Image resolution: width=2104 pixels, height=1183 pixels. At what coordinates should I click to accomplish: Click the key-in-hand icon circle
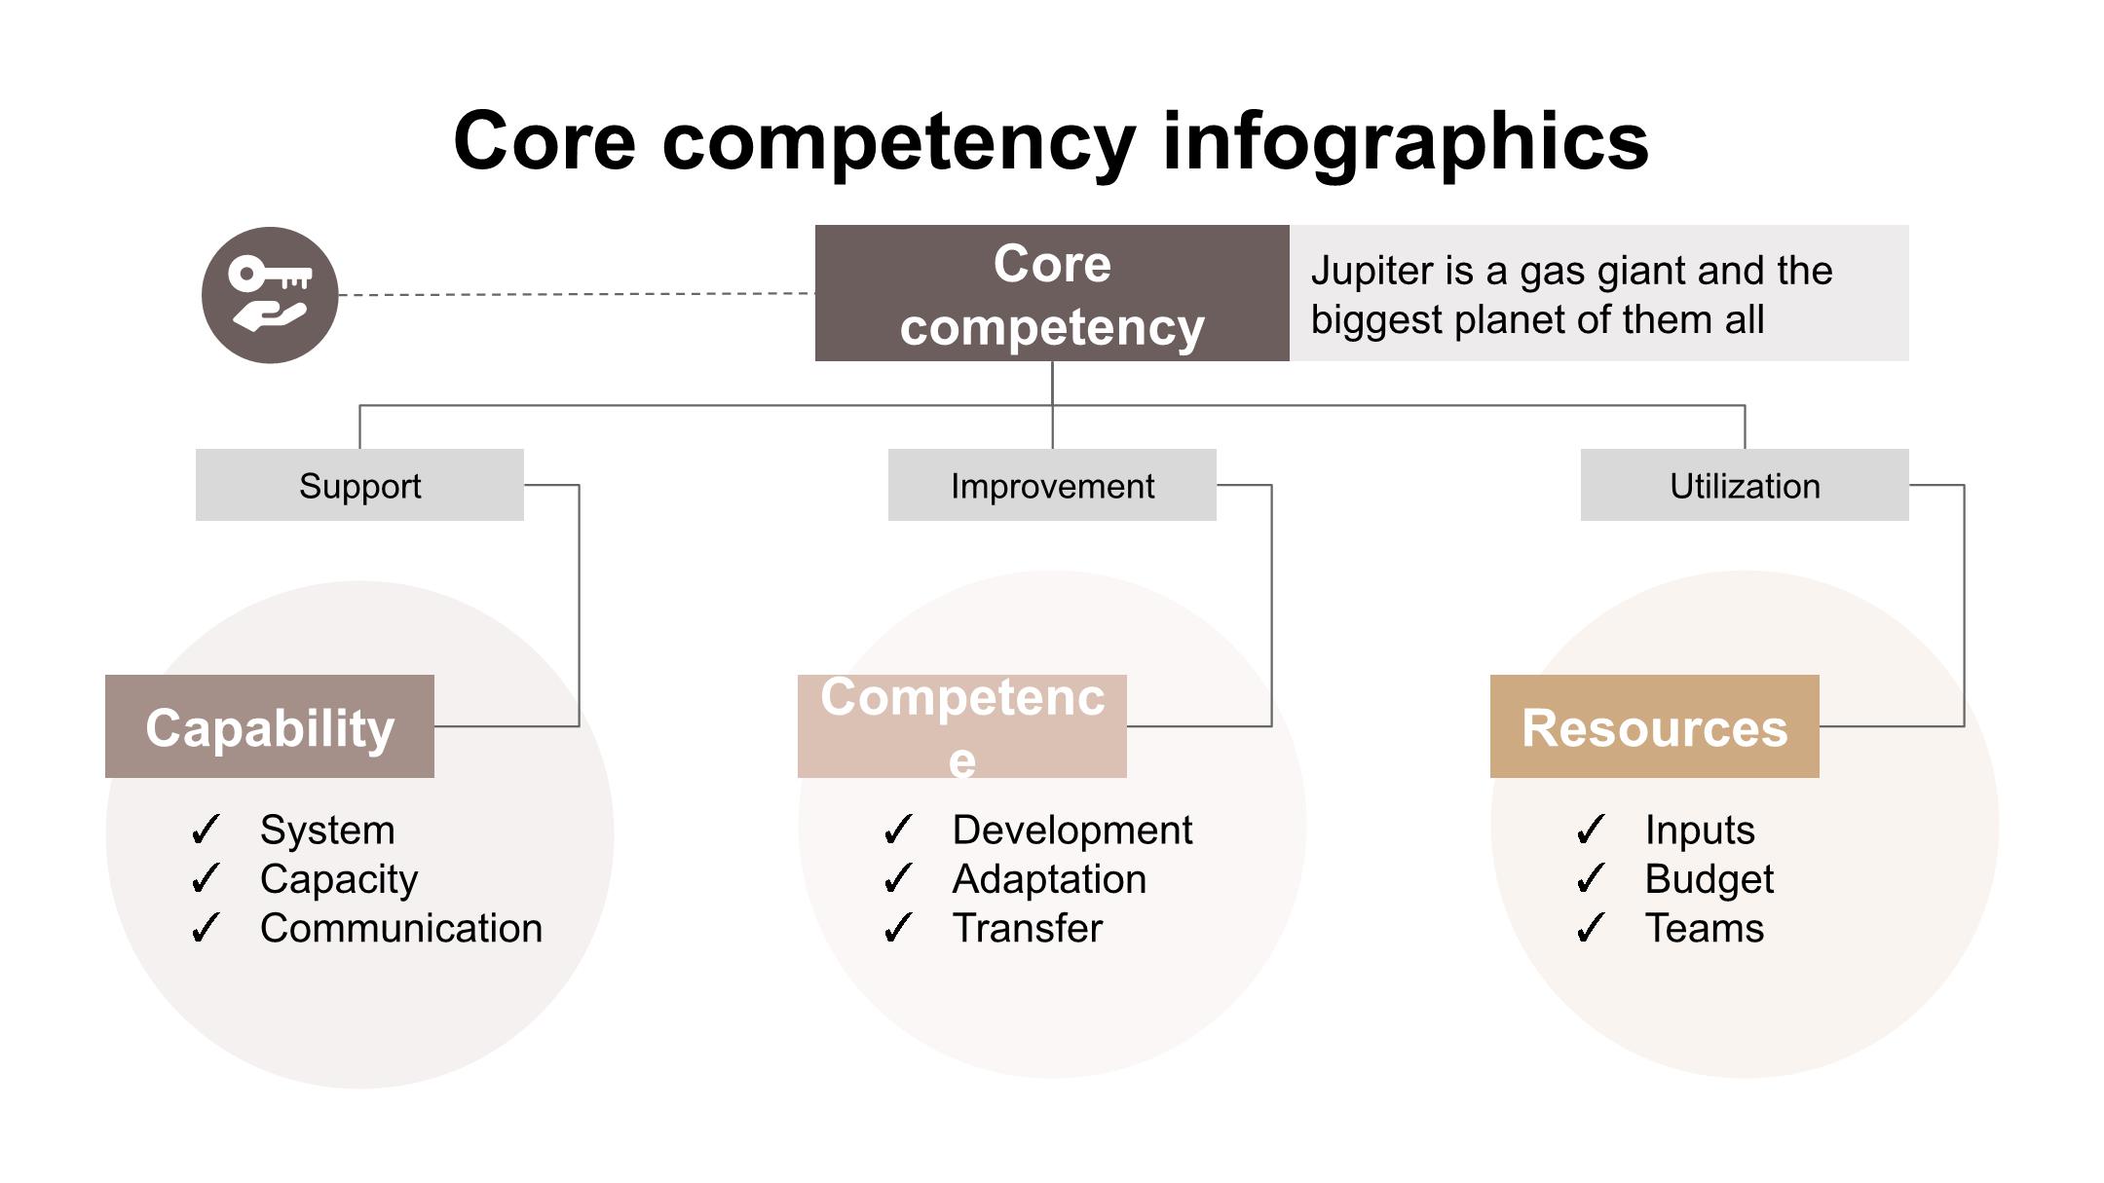pos(270,295)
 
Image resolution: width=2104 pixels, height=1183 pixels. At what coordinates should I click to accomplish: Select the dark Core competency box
pos(1052,293)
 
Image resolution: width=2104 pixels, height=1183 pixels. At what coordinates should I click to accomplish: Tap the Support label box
pos(359,485)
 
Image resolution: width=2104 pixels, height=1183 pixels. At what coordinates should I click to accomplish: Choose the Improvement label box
pos(1052,485)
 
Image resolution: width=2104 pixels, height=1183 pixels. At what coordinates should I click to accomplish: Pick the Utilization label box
pos(1744,485)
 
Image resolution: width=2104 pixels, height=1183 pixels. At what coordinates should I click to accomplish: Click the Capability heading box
pos(270,726)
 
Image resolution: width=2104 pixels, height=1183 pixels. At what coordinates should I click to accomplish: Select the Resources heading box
pos(1654,726)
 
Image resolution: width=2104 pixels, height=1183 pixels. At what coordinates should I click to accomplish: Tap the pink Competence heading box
pos(961,726)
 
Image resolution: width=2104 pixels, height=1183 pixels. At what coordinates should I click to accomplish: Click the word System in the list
pos(327,831)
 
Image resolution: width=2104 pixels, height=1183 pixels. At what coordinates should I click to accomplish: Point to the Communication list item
pos(400,928)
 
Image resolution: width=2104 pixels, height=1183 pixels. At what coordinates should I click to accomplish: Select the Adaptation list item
pos(1049,879)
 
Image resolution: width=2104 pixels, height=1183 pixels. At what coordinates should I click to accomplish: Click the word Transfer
pos(1027,928)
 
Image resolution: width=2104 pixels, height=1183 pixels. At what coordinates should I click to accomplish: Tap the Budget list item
pos(1709,879)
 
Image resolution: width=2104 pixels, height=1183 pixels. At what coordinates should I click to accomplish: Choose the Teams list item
pos(1704,928)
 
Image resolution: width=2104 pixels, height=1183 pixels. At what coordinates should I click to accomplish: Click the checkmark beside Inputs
pos(1590,831)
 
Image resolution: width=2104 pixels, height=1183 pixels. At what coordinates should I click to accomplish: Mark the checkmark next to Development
pos(897,831)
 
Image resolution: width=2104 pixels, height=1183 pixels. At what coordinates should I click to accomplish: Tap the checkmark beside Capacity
pos(206,879)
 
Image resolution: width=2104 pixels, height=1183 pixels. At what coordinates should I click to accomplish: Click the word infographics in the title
pos(1405,141)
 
